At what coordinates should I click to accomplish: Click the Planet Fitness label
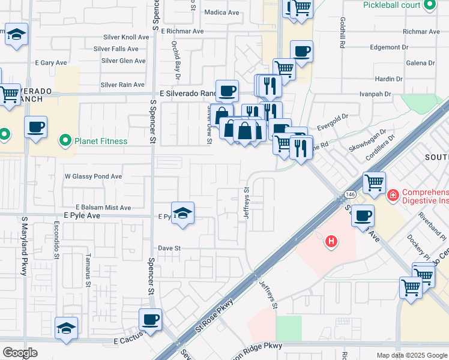(x=100, y=142)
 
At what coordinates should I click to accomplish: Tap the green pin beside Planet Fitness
(x=65, y=141)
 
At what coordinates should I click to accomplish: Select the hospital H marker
(x=330, y=242)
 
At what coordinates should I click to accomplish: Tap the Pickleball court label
(x=391, y=5)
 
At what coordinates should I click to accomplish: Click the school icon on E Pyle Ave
(x=182, y=214)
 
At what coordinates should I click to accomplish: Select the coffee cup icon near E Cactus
(x=150, y=319)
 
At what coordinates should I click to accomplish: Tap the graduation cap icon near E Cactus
(x=66, y=328)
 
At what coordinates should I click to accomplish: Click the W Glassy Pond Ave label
(x=93, y=176)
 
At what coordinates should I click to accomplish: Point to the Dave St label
(x=169, y=248)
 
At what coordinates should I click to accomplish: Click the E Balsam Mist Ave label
(x=103, y=208)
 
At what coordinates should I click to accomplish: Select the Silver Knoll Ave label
(x=125, y=37)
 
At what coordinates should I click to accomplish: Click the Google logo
(x=20, y=353)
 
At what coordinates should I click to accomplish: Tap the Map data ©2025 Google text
(x=411, y=355)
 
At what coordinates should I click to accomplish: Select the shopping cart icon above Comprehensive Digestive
(x=374, y=182)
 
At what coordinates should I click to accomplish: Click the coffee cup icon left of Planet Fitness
(x=36, y=127)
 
